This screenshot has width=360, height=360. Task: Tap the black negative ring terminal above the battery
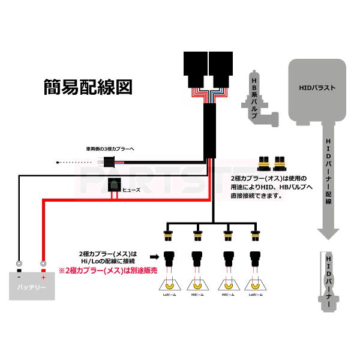tap(20, 263)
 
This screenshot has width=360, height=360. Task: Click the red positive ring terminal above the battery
tap(43, 263)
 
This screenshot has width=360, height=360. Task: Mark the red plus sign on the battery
tap(43, 277)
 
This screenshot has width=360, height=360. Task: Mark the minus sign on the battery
tap(20, 277)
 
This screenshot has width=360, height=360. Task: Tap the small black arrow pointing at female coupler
tap(154, 254)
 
